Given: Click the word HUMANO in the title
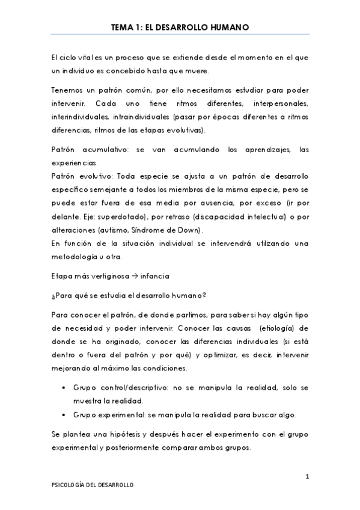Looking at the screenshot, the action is (x=230, y=27).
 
